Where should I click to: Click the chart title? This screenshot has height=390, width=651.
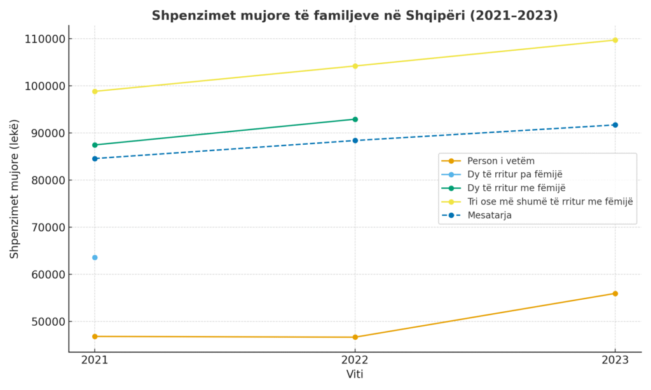355,16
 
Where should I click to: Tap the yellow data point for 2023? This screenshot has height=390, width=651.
615,40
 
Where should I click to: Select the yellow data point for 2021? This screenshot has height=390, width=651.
95,91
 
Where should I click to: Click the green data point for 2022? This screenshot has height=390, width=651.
355,119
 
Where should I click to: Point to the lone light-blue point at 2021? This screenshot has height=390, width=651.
95,257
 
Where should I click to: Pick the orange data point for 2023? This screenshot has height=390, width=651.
615,293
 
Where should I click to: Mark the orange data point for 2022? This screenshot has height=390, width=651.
355,337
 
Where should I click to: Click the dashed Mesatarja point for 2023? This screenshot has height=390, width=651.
615,125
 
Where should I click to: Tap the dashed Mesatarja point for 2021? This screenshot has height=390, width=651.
95,159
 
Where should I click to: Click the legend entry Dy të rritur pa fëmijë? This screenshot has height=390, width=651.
514,174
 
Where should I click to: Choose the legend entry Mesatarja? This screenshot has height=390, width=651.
489,215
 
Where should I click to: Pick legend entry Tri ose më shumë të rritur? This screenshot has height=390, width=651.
550,201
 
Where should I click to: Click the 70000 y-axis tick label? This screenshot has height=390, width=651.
45,227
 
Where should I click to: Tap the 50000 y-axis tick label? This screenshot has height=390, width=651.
45,321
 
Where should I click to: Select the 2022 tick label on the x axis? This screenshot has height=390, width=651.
355,360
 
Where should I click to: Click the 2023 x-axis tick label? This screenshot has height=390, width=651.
615,360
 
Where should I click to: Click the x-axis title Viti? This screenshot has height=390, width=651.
355,375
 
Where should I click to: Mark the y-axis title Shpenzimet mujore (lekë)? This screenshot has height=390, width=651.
15,189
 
